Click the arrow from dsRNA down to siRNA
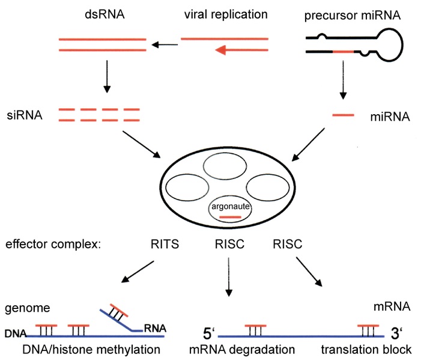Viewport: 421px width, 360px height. pos(106,78)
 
